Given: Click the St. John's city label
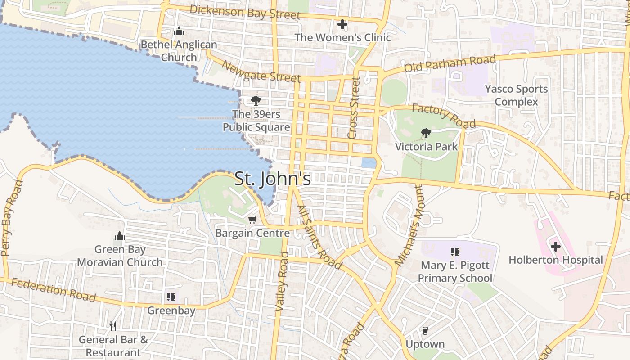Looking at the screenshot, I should point(273,179).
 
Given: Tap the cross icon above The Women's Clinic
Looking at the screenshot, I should point(342,24).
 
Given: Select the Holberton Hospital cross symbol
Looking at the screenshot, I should point(556,247).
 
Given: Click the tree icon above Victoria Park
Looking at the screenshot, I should point(426,133).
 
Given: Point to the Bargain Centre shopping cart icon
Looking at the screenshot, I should point(252,220).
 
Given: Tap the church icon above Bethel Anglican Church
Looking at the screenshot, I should point(179,31).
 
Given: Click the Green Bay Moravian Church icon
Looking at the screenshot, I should point(119,236).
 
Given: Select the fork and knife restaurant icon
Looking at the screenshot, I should point(113,326).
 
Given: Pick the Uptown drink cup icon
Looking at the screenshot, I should point(425,331).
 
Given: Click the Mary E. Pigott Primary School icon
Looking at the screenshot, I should point(455,252).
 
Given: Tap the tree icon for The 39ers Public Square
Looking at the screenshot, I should point(256,100).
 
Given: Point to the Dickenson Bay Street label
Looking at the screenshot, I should point(245,12).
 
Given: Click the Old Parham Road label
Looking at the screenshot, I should point(450,63).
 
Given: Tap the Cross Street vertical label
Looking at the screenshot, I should point(354,108).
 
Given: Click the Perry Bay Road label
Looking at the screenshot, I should point(12,218).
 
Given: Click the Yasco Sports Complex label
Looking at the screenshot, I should point(517,95).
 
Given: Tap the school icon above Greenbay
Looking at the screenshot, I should point(171,297).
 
